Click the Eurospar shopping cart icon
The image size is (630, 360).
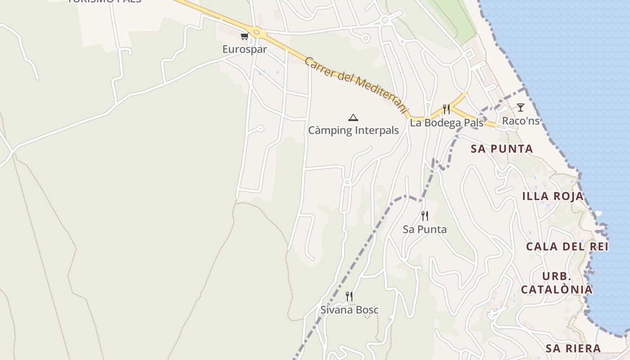pos(244,36)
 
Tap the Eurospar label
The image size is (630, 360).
pos(244,49)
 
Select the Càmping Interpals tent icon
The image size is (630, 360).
pos(353,118)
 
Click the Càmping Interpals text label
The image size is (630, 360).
pos(353,130)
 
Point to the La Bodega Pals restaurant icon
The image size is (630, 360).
pos(446,109)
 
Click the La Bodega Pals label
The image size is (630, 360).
pos(446,123)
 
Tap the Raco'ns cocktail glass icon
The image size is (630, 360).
pos(521,108)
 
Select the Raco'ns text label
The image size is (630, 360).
pos(521,121)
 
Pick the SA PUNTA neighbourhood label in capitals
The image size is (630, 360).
pos(502,149)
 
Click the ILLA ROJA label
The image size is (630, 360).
pos(553,196)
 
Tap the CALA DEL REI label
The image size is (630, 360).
pos(567,247)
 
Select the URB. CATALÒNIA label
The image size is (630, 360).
pos(557,283)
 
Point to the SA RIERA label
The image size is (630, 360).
pos(573,348)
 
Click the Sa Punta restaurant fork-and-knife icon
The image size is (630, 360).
pos(424,216)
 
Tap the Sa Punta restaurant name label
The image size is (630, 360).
pos(424,229)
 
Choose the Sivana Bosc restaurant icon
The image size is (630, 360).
pos(349,296)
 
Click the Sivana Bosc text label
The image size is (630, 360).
pos(349,310)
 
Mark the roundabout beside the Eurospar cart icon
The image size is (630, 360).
pos(257,32)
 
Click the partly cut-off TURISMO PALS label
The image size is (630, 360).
pos(104,1)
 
